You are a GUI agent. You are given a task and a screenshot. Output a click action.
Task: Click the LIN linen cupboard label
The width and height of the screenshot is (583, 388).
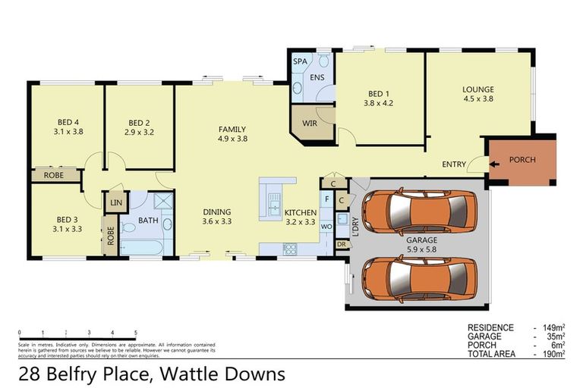pyautogui.click(x=115, y=203)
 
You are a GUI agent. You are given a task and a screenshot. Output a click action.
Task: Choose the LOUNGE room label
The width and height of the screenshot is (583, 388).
pyautogui.click(x=478, y=89)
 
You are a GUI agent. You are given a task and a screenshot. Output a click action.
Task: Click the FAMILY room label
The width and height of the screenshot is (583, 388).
pyautogui.click(x=232, y=129)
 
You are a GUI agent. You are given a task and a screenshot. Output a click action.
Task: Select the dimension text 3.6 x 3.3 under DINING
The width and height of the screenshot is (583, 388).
pyautogui.click(x=216, y=222)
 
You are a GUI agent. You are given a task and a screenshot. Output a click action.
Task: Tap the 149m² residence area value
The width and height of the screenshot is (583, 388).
pyautogui.click(x=553, y=328)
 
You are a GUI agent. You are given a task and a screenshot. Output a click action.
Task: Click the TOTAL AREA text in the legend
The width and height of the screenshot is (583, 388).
pyautogui.click(x=491, y=354)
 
